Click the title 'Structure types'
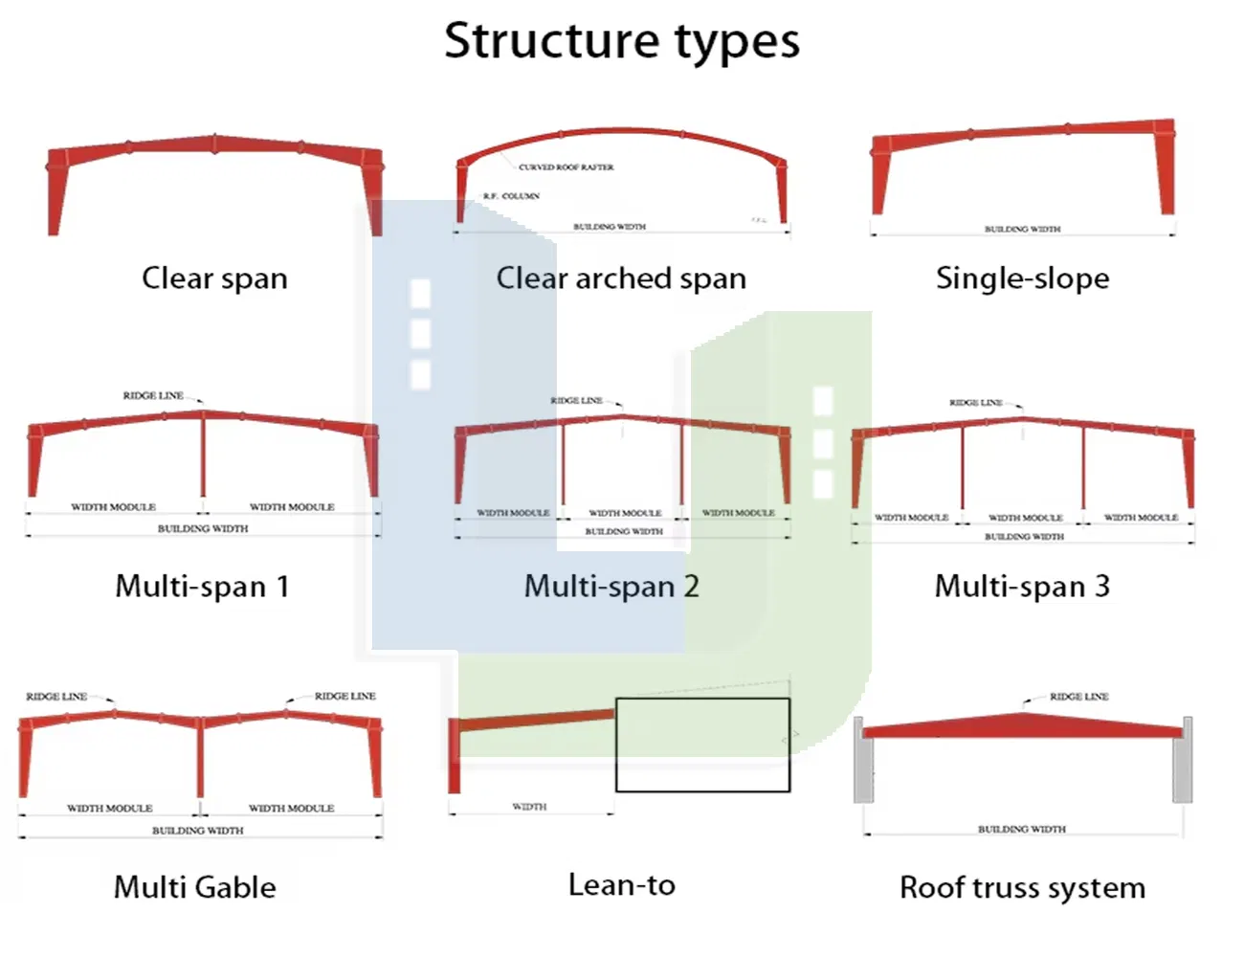click(x=622, y=42)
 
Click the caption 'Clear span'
click(x=214, y=278)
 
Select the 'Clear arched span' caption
click(x=621, y=278)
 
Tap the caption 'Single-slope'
click(x=1022, y=278)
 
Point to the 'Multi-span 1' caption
click(x=202, y=586)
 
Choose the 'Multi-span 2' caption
click(x=611, y=586)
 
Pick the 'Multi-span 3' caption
click(x=1022, y=586)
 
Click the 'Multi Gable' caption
click(x=195, y=887)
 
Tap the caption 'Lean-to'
click(x=621, y=885)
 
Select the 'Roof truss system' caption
click(x=1022, y=887)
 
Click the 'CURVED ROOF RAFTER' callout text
click(x=566, y=167)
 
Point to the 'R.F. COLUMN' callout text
click(x=511, y=196)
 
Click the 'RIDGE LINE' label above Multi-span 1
click(x=153, y=395)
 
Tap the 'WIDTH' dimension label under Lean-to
click(x=529, y=807)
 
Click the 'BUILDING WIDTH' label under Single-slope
click(x=1022, y=230)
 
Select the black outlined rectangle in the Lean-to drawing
click(x=702, y=746)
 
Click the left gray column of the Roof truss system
click(x=858, y=760)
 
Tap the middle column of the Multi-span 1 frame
click(x=203, y=455)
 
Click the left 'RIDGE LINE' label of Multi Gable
click(x=56, y=697)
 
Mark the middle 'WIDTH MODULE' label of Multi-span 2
click(x=625, y=514)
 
